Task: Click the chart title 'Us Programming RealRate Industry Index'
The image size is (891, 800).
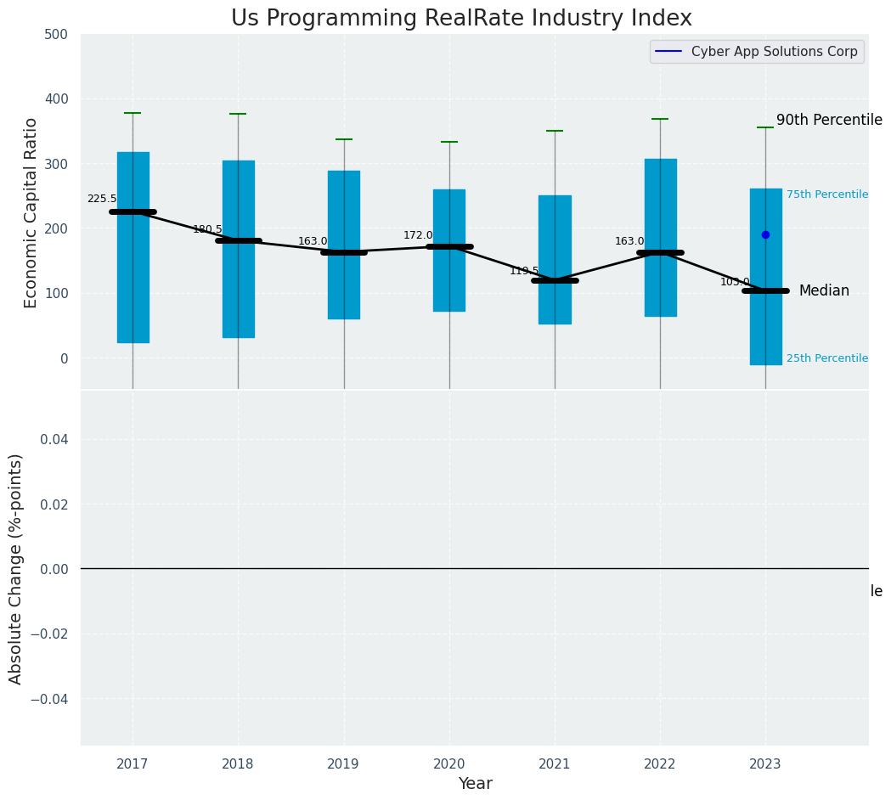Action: (461, 19)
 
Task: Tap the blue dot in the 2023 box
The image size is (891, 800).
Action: (765, 234)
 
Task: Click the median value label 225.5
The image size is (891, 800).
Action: (102, 199)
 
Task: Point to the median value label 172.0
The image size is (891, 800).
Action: (418, 235)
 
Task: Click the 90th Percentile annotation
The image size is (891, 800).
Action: (828, 121)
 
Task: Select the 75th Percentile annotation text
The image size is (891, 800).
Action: (826, 194)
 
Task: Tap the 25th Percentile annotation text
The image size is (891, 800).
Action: (826, 358)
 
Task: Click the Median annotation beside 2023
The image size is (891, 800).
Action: (823, 291)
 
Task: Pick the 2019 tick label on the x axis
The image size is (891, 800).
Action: (343, 764)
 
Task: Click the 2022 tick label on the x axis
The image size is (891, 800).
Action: (660, 764)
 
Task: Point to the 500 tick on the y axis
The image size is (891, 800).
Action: (56, 35)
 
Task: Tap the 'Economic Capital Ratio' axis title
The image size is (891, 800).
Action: (31, 212)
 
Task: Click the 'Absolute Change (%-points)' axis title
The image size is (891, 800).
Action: (16, 568)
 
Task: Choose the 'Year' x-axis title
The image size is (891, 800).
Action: (475, 784)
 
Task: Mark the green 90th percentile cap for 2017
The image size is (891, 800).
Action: (133, 113)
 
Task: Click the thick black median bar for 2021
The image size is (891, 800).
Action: (555, 280)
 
